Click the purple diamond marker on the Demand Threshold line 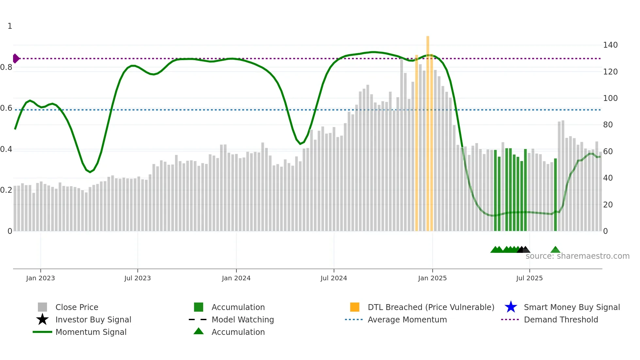[x=16, y=58]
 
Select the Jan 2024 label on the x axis [x=236, y=278]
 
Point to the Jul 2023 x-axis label [x=137, y=278]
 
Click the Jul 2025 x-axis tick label [x=529, y=278]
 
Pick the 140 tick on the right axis [x=610, y=45]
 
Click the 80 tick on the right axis [x=608, y=125]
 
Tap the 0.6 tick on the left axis [x=6, y=108]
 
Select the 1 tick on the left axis [x=10, y=26]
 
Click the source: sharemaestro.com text [x=577, y=256]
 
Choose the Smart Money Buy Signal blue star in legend [x=511, y=307]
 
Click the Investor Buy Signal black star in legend [x=42, y=319]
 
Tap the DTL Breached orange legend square [x=355, y=307]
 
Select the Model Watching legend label [x=243, y=319]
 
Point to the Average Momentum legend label [x=407, y=319]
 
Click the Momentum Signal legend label [x=91, y=332]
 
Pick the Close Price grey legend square [x=42, y=307]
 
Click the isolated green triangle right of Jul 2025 [x=555, y=250]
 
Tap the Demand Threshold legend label [x=561, y=319]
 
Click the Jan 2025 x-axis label [x=432, y=278]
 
